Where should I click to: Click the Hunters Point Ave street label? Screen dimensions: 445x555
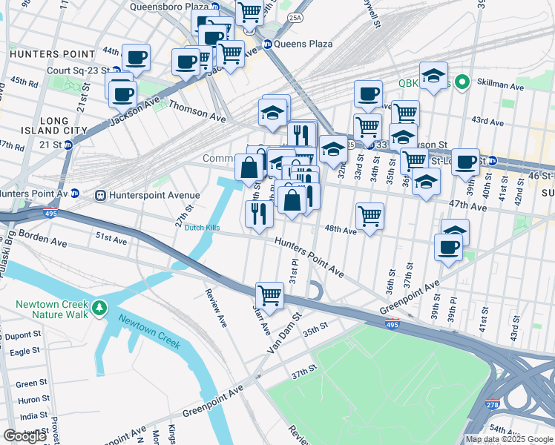pyautogui.click(x=309, y=256)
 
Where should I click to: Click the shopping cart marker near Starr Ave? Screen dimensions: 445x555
pyautogui.click(x=270, y=294)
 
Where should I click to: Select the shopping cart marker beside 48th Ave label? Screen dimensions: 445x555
pyautogui.click(x=370, y=216)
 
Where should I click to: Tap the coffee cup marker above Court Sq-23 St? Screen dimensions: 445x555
pyautogui.click(x=137, y=57)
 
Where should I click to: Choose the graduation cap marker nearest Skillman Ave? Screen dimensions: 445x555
pyautogui.click(x=433, y=75)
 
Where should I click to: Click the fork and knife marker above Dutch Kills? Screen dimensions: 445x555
pyautogui.click(x=258, y=214)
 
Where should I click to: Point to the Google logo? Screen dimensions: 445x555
pyautogui.click(x=24, y=436)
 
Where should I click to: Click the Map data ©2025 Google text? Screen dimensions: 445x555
pyautogui.click(x=510, y=439)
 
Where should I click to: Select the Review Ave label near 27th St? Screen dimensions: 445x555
pyautogui.click(x=216, y=308)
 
